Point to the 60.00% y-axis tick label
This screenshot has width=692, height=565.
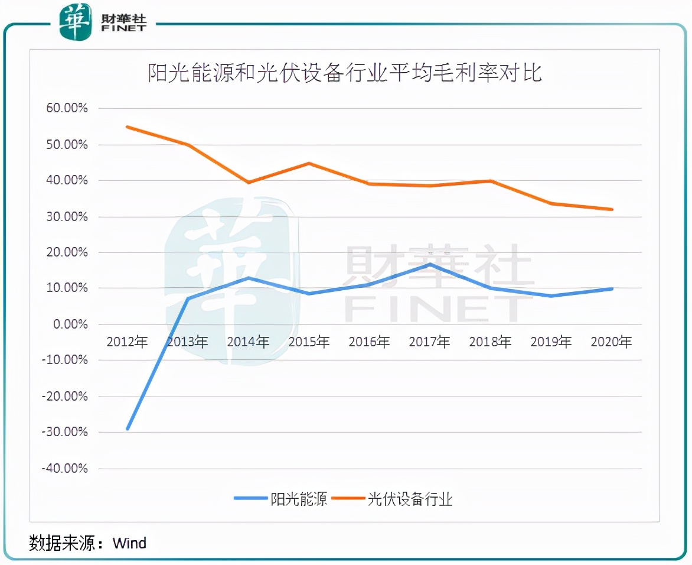pyautogui.click(x=64, y=109)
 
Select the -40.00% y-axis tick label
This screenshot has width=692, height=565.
pyautogui.click(x=63, y=469)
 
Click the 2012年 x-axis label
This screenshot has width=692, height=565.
pyautogui.click(x=127, y=342)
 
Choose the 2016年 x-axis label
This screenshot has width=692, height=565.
pyautogui.click(x=369, y=342)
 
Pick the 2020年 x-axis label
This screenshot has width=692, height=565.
pyautogui.click(x=611, y=342)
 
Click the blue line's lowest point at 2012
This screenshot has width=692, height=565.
pyautogui.click(x=128, y=429)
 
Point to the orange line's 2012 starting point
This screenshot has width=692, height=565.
pyautogui.click(x=128, y=126)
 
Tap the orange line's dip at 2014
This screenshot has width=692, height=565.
pyautogui.click(x=249, y=183)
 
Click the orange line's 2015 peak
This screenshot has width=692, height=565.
pyautogui.click(x=309, y=163)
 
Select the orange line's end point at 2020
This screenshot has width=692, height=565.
pyautogui.click(x=612, y=209)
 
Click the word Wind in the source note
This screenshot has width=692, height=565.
pyautogui.click(x=129, y=543)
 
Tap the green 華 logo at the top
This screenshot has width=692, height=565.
pyautogui.click(x=76, y=22)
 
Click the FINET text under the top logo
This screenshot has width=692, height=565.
pyautogui.click(x=124, y=28)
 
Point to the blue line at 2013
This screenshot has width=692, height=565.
pyautogui.click(x=188, y=298)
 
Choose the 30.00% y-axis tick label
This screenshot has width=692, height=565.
pyautogui.click(x=64, y=217)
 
